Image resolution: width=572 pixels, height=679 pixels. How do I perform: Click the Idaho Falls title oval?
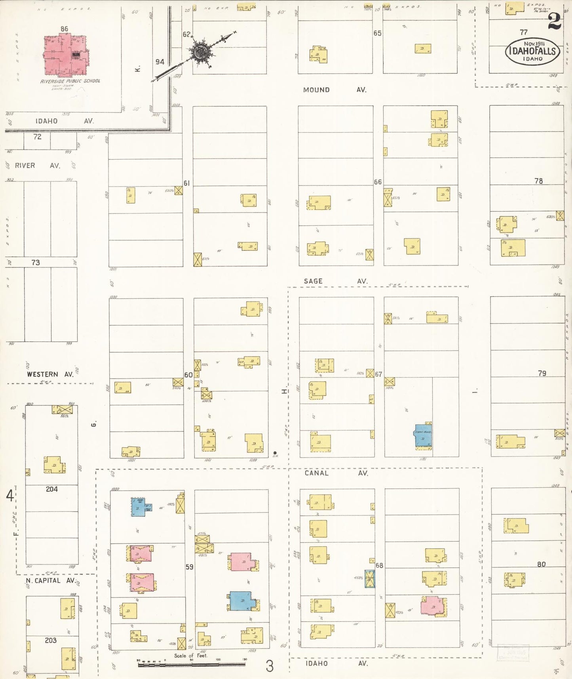point(532,51)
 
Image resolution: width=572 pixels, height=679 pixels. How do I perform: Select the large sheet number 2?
point(555,22)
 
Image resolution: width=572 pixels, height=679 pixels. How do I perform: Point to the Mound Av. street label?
point(334,90)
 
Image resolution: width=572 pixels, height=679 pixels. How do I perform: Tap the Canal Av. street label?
point(336,473)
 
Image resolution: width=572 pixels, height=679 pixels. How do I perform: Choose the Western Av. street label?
point(50,374)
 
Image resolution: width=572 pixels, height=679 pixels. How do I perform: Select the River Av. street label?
point(38,166)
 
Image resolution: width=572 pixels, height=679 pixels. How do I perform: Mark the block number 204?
point(52,489)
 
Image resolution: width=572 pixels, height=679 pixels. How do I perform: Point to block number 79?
point(542,373)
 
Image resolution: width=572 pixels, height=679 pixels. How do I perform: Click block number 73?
point(36,262)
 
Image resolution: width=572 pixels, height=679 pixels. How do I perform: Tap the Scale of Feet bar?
point(192,665)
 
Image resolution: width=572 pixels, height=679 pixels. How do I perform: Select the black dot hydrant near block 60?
point(275,452)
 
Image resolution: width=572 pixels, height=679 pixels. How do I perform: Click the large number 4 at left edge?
point(10,496)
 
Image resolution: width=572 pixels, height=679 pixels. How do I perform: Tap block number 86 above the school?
point(65,29)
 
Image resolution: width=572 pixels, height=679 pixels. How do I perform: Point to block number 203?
point(51,640)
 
